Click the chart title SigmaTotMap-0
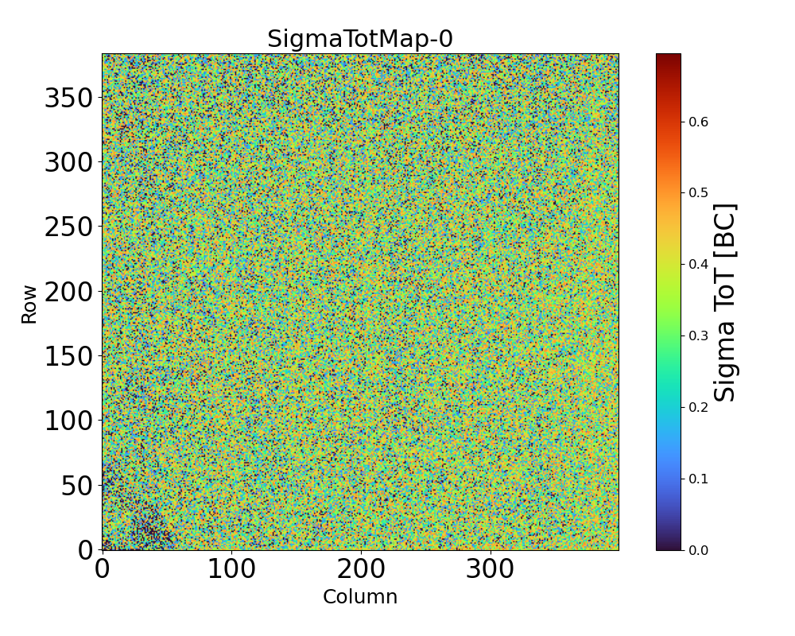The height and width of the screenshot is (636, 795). tap(359, 39)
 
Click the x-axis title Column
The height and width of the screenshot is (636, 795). tap(359, 597)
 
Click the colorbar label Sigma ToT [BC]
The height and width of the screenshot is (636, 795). tap(725, 302)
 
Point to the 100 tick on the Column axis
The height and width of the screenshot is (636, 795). tap(231, 569)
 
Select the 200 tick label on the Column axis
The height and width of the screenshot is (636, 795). tap(361, 569)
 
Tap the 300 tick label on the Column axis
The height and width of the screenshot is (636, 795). tap(490, 569)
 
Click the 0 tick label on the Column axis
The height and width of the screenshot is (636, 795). tap(103, 569)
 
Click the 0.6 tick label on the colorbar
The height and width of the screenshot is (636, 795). tap(699, 122)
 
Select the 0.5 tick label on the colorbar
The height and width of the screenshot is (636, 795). tap(699, 193)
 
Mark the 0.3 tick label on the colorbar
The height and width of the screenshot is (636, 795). tap(699, 335)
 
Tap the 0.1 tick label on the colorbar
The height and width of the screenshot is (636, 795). tap(699, 479)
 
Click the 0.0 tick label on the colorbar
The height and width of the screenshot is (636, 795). tap(699, 550)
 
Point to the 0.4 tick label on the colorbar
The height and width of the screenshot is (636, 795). tap(699, 264)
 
